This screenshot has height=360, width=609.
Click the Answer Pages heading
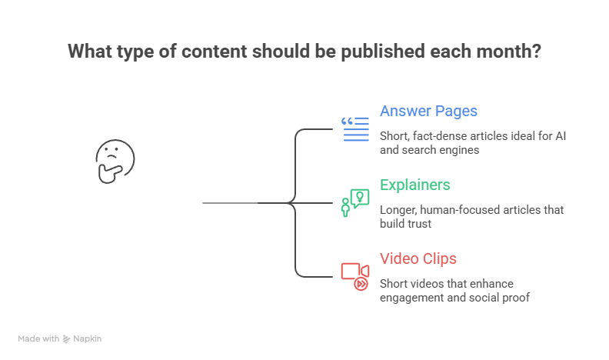tap(428, 111)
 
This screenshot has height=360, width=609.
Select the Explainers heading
tap(415, 185)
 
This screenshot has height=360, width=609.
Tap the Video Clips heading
tap(418, 258)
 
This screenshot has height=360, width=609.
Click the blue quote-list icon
tap(355, 129)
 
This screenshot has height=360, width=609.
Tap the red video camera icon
tap(355, 275)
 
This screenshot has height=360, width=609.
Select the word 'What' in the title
tap(87, 52)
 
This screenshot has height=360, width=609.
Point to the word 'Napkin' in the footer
tap(88, 338)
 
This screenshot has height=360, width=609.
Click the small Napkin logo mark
tap(67, 338)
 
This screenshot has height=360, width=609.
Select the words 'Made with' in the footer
tap(38, 338)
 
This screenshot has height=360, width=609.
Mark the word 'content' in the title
tap(208, 52)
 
